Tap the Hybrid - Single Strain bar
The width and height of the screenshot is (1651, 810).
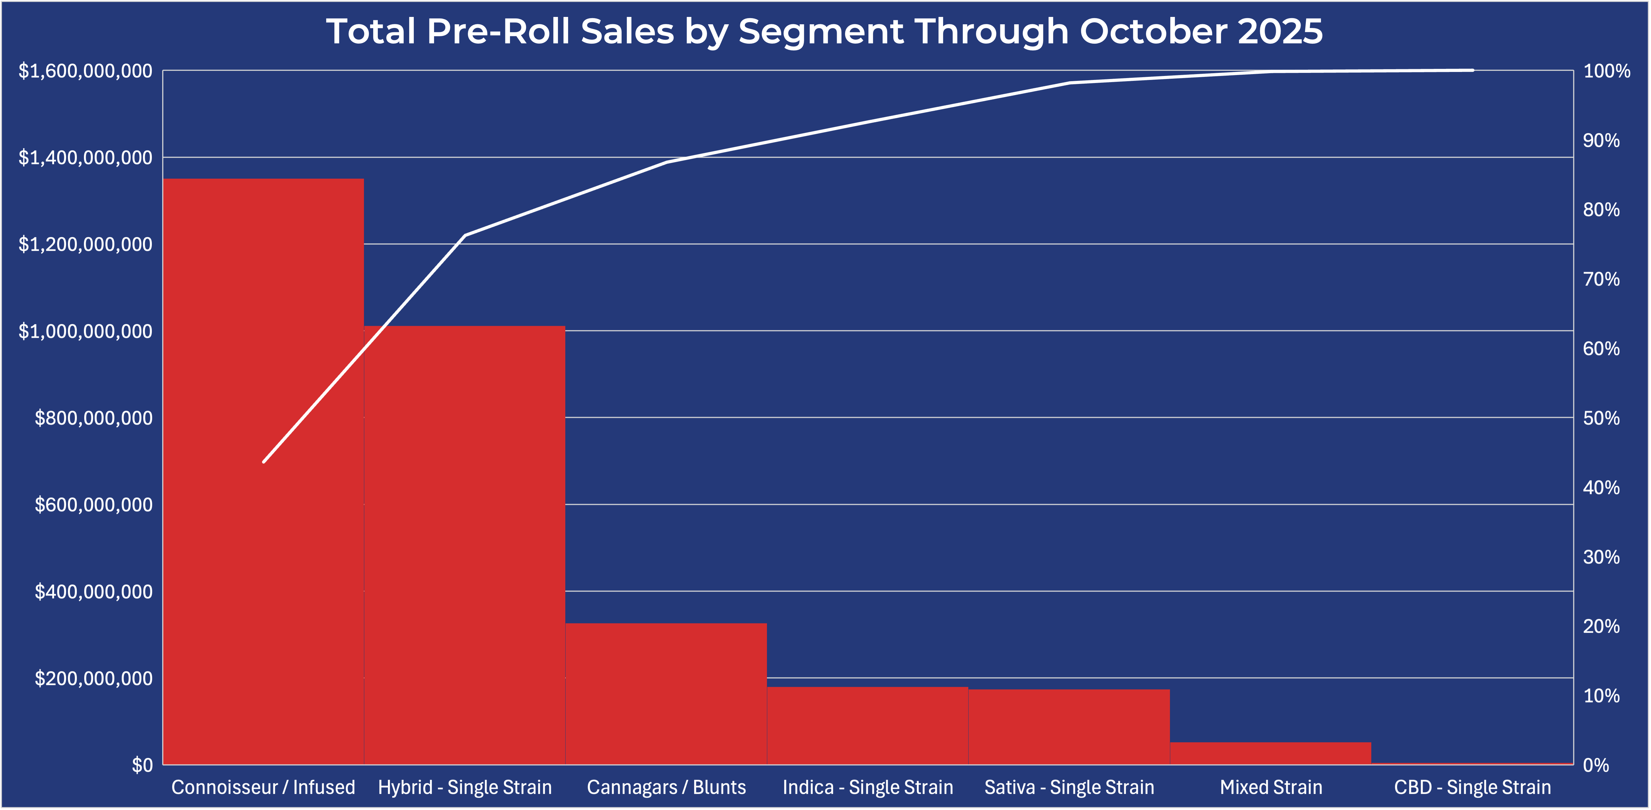465,545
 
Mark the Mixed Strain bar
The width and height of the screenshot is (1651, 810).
1270,753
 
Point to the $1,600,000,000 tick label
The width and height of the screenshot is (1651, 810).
85,70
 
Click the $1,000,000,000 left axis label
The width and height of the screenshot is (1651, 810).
85,331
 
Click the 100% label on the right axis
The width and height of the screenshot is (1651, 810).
1606,70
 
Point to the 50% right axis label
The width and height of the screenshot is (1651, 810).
1601,418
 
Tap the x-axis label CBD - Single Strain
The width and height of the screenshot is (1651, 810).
1472,787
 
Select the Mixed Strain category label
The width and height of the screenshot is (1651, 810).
1270,787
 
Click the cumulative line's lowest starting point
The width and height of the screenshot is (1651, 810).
263,461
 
